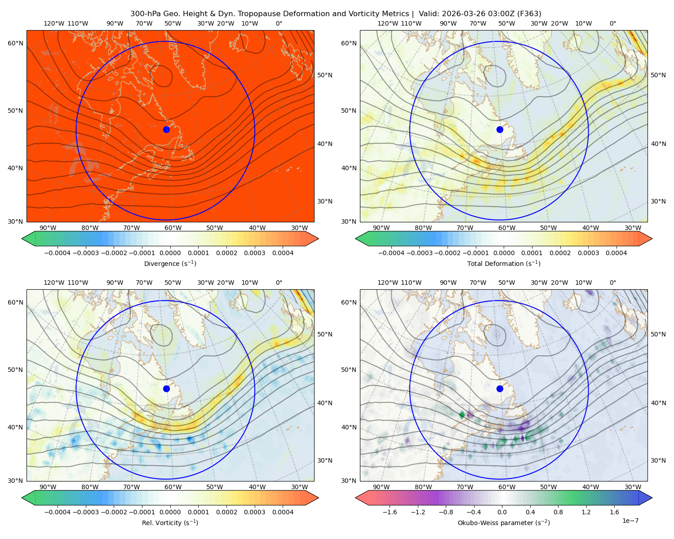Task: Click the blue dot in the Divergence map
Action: [x=166, y=129]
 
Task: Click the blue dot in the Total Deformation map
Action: [x=500, y=129]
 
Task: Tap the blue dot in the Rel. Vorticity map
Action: [x=166, y=389]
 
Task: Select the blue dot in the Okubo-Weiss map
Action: [x=500, y=389]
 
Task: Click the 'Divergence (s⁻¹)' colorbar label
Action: [x=170, y=263]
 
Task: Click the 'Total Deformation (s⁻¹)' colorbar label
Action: [x=504, y=263]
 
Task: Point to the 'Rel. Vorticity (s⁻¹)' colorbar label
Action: [x=170, y=522]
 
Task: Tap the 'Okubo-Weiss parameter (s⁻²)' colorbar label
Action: [x=504, y=522]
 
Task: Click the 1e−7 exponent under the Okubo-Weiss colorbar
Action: [x=630, y=521]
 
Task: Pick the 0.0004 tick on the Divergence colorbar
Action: [x=283, y=253]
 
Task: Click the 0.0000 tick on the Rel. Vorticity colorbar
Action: [x=170, y=512]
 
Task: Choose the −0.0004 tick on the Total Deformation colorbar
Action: [x=391, y=253]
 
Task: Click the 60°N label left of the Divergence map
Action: [x=15, y=43]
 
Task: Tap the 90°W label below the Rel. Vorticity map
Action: [x=48, y=487]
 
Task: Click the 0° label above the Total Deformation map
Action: [x=612, y=23]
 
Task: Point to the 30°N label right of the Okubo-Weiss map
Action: [x=658, y=460]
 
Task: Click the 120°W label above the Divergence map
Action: [x=54, y=23]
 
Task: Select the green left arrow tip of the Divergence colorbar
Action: [x=22, y=239]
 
